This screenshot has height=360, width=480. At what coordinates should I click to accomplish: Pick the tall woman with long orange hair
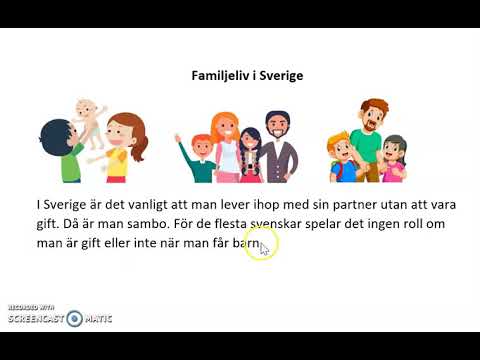click(226, 145)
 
